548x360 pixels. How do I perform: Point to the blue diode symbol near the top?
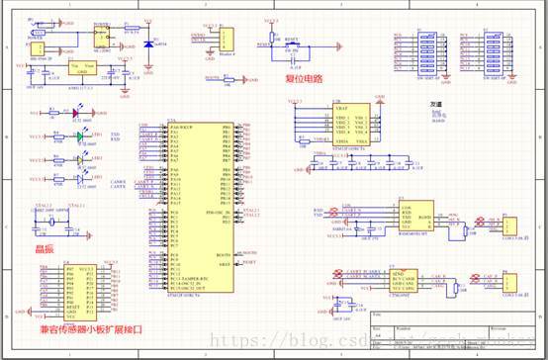coord(148,45)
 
